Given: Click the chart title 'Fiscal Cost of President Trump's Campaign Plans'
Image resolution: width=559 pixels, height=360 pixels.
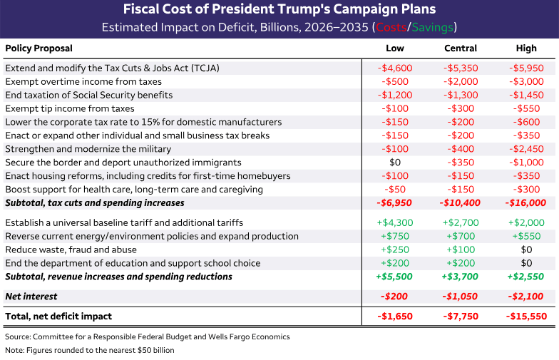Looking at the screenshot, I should tap(279, 10).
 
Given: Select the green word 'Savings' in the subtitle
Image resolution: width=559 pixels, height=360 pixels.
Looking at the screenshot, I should tap(430, 28).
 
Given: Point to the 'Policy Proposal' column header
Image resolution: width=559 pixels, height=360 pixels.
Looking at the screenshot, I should tap(39, 48).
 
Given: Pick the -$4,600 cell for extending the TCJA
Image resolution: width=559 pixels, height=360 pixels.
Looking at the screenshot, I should tap(394, 68).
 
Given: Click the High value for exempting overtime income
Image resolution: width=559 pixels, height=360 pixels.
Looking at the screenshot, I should tap(526, 81).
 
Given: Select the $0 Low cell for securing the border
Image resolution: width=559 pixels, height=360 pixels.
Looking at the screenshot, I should tap(394, 163).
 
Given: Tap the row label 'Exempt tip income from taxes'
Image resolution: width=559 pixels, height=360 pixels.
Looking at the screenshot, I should tap(70, 108).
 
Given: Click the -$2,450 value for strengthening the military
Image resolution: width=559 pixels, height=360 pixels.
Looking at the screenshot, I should tap(526, 149).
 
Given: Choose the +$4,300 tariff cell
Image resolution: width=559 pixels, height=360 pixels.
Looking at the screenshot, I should tap(394, 222).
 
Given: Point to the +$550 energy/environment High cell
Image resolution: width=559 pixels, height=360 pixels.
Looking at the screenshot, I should tap(526, 236).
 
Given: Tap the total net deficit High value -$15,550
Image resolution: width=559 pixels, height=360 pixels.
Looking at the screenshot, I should tap(526, 315).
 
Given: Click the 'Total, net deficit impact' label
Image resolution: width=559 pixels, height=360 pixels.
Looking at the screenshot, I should tap(58, 315).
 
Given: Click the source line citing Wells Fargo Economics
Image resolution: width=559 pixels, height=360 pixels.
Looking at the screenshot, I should tap(147, 336).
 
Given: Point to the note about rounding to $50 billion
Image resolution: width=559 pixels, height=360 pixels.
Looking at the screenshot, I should tap(89, 350).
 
